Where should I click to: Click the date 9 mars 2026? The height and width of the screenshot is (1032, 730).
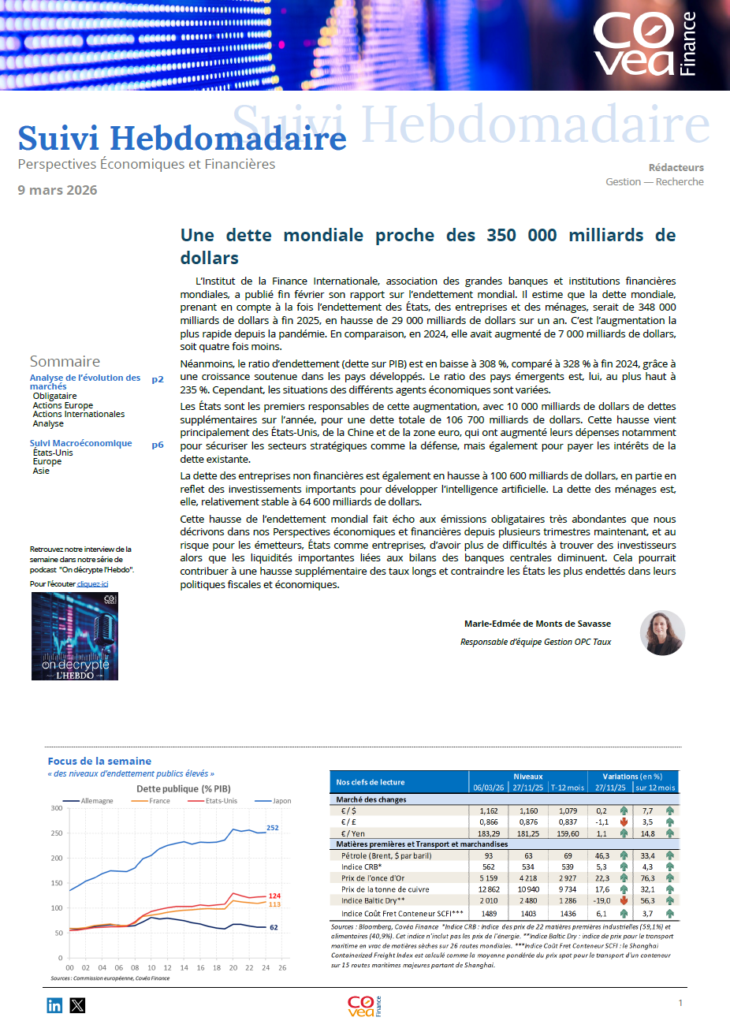[x=58, y=190]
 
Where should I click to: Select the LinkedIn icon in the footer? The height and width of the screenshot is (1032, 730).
[x=54, y=1005]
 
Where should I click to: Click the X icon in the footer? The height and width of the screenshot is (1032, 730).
[x=77, y=1005]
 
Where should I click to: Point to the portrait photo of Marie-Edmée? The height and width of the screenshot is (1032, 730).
[x=662, y=632]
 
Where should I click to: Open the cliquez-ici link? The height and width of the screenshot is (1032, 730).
[x=92, y=584]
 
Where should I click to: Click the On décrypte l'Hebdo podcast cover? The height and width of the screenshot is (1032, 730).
[x=75, y=636]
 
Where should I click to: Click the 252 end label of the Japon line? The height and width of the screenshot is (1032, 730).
[x=273, y=828]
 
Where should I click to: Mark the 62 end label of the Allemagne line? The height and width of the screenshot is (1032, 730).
[x=274, y=927]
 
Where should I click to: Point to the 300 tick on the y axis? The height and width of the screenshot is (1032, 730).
[x=56, y=808]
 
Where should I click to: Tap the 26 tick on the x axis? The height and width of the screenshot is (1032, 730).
[x=282, y=967]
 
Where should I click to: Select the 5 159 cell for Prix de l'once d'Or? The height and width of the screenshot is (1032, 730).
[x=489, y=878]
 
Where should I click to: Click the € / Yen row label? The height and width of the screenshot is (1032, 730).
[x=352, y=833]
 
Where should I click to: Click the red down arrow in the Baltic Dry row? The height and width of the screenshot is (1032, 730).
[x=624, y=900]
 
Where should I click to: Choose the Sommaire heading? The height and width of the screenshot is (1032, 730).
[x=65, y=361]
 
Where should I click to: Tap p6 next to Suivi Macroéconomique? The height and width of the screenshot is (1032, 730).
[x=158, y=445]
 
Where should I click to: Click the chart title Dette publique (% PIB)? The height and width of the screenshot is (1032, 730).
[x=184, y=788]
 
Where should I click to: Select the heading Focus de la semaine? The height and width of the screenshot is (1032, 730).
[x=99, y=761]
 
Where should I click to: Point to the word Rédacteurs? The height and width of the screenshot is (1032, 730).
[x=676, y=167]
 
